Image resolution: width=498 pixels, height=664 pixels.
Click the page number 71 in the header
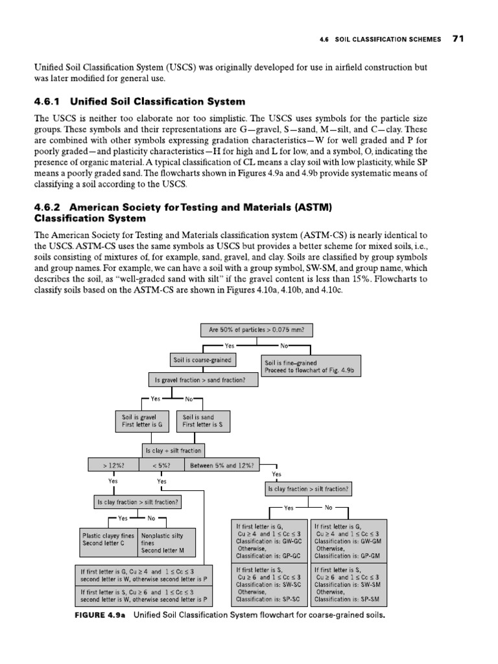pos(458,39)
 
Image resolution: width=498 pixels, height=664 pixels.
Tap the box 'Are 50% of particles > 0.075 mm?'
pos(257,330)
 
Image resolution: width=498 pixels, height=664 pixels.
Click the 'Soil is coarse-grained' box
pos(202,359)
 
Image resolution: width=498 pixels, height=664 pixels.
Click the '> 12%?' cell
pos(113,465)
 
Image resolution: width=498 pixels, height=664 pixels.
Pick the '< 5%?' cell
pos(161,465)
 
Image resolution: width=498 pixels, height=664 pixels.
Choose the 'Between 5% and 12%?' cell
pos(222,465)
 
